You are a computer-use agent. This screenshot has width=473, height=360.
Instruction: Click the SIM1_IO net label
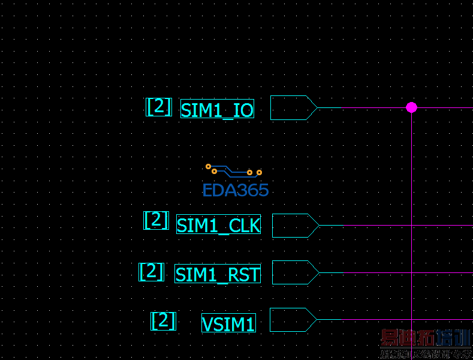(217, 109)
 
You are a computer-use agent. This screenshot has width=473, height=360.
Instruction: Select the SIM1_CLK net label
(218, 224)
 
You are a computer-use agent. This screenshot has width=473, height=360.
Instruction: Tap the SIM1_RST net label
(218, 274)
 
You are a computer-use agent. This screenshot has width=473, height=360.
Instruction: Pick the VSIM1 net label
(228, 323)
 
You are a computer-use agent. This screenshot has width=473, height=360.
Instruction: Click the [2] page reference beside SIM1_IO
(159, 107)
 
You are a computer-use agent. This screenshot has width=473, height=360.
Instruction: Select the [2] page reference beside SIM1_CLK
(156, 220)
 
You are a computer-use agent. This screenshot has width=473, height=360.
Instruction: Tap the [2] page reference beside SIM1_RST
(151, 272)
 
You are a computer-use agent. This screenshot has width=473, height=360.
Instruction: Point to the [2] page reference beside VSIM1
(163, 320)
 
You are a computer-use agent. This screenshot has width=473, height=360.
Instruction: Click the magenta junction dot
(411, 107)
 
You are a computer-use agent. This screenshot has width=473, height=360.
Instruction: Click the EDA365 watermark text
(236, 191)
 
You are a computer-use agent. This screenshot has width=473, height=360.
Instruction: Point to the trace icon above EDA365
(234, 170)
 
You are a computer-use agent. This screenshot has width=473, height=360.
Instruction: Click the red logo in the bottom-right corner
(426, 346)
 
